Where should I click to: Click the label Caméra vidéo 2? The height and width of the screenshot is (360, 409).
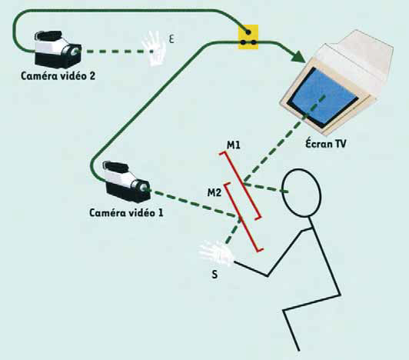pos(58,76)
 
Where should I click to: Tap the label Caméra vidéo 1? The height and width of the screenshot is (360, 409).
pos(126,212)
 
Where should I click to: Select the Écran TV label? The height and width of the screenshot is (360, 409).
pos(326,143)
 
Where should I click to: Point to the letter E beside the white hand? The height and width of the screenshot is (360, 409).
pos(171,39)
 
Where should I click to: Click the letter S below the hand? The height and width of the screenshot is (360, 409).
pos(214,275)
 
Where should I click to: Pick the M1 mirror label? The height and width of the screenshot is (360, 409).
pos(234,145)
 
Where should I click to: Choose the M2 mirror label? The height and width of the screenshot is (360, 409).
pos(214,192)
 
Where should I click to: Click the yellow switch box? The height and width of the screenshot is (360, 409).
pos(248,37)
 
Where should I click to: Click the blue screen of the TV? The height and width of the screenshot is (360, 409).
pos(324,98)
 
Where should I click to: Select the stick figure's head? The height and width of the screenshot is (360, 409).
pos(302,192)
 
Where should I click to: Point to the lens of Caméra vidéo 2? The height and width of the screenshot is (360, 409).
pos(75,51)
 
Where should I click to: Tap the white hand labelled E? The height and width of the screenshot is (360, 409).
pos(155,48)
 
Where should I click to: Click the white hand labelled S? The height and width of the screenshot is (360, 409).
pos(216,253)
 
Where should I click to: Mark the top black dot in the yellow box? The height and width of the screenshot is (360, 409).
pos(248,32)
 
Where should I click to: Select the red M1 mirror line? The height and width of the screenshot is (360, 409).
pos(240,185)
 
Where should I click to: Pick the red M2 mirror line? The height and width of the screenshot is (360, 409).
pos(244,217)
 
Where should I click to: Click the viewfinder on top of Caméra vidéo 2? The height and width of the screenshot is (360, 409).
pos(48,35)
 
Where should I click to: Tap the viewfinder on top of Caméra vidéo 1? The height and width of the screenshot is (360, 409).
pos(115,167)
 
